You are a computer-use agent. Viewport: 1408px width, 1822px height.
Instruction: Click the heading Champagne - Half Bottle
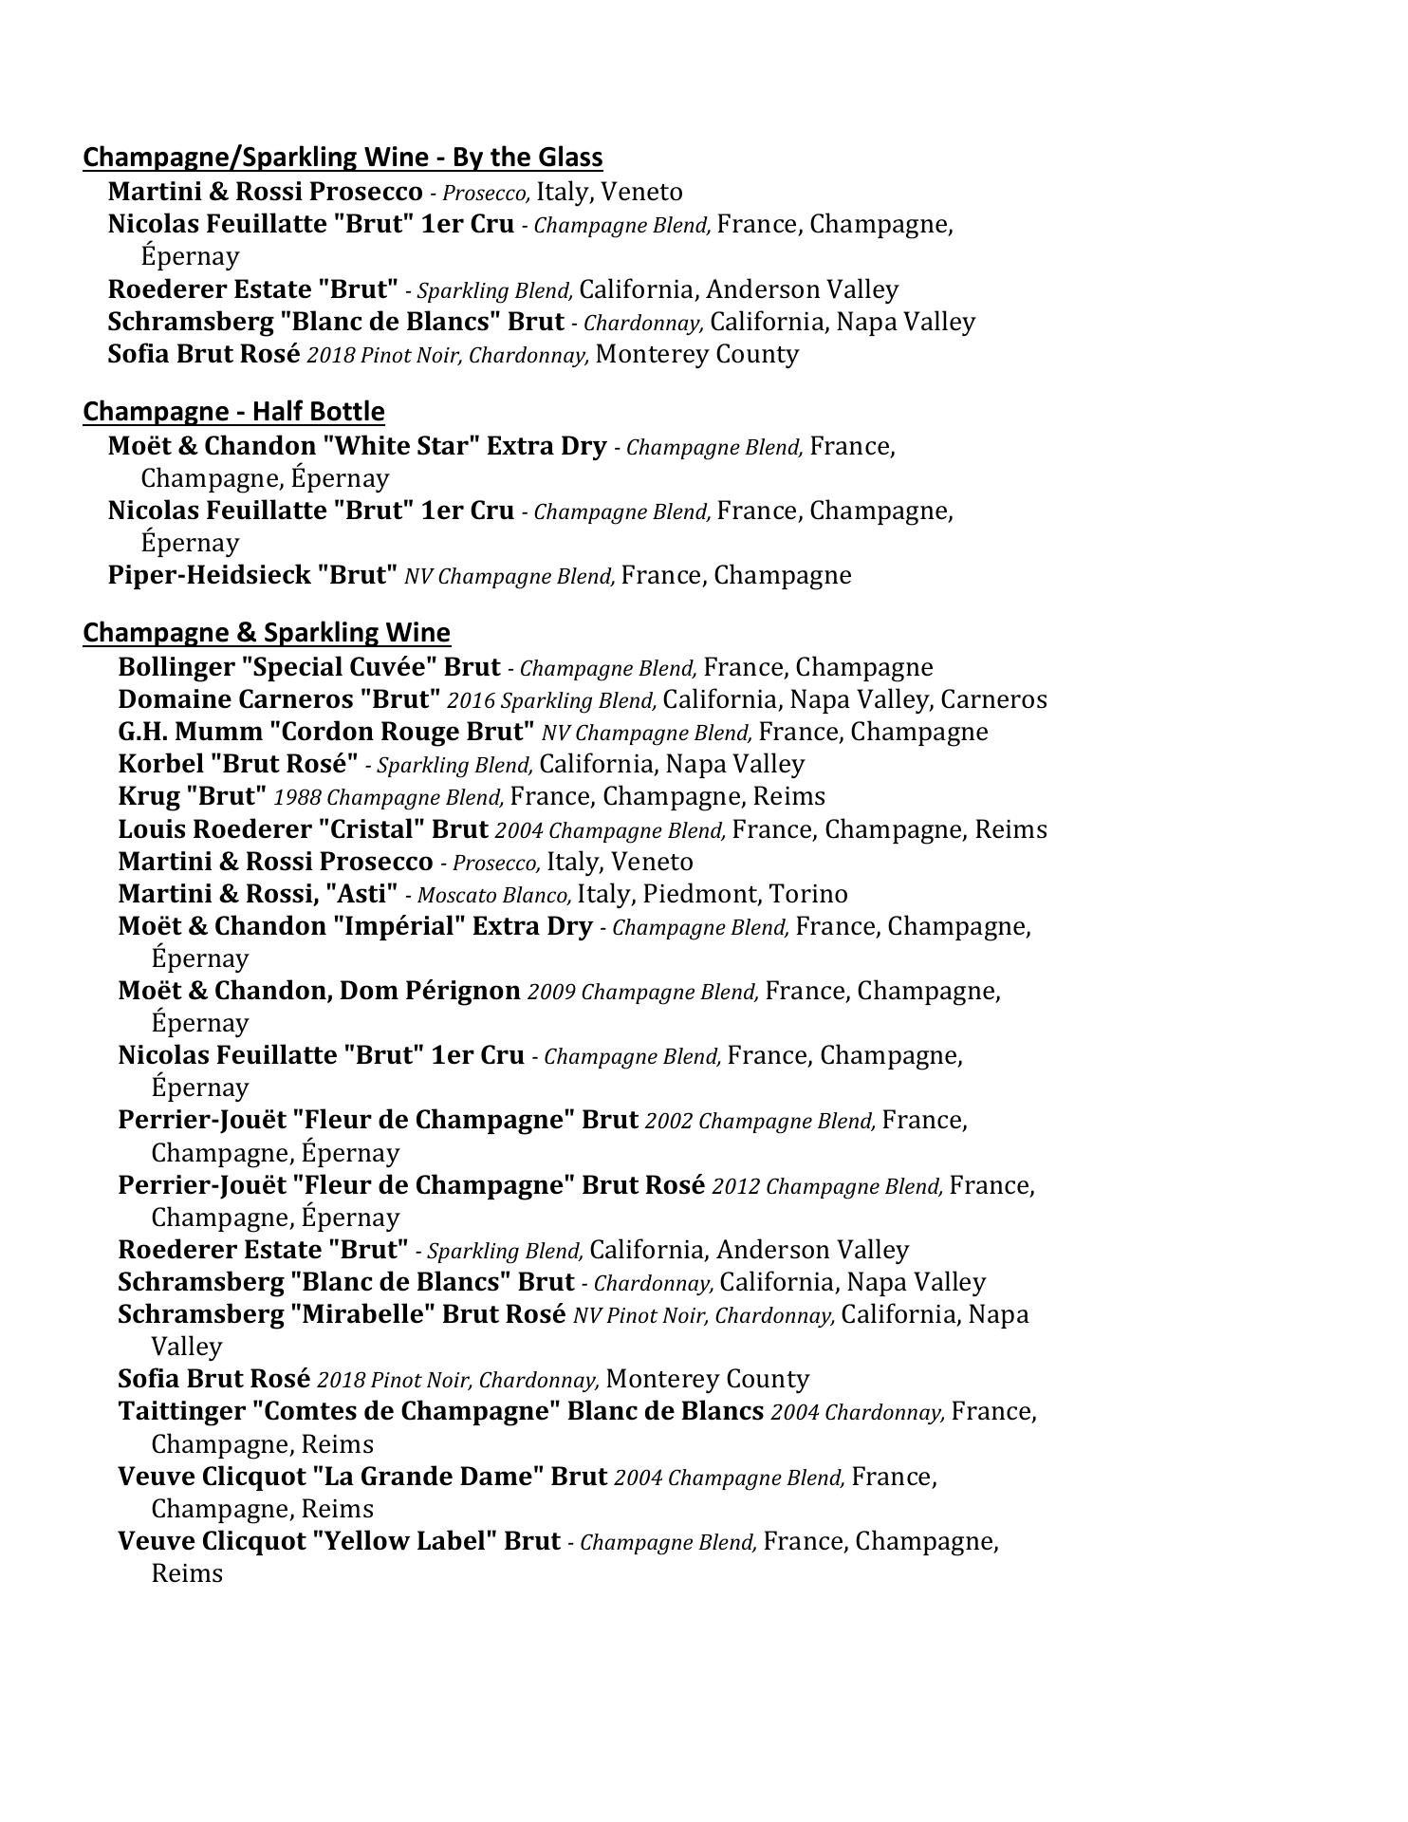233,412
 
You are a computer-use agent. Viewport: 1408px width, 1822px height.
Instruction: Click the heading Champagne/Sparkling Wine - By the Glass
343,158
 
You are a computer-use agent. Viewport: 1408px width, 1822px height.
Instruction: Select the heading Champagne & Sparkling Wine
267,633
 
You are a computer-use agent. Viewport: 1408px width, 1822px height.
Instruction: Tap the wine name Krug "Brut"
193,796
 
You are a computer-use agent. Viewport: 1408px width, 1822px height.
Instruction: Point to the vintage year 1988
297,797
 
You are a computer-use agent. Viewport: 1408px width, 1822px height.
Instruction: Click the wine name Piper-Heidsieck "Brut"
252,575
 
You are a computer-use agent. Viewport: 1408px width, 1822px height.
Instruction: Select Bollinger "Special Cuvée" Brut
308,667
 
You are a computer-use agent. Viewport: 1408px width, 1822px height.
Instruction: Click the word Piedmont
701,894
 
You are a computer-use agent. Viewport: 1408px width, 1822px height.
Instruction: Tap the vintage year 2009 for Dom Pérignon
550,993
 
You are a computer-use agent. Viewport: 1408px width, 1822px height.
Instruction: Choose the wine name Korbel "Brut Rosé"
237,764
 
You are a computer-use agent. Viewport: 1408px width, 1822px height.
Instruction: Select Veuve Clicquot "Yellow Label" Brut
339,1541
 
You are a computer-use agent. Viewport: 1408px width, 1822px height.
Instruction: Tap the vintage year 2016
471,701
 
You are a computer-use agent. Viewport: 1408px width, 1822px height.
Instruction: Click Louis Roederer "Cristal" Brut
303,829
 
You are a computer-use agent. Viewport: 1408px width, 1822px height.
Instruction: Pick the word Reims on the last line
187,1573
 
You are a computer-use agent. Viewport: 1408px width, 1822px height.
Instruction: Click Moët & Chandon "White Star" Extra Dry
357,446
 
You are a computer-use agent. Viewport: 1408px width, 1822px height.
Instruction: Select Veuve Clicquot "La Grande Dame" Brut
362,1477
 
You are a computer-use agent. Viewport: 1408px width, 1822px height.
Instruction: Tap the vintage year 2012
735,1187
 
